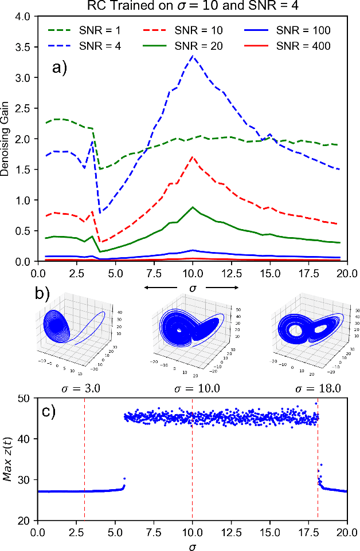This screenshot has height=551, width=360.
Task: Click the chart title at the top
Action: click(192, 7)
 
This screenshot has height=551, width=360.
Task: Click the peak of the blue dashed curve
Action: click(193, 56)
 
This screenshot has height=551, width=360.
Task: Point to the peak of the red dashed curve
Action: click(193, 157)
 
